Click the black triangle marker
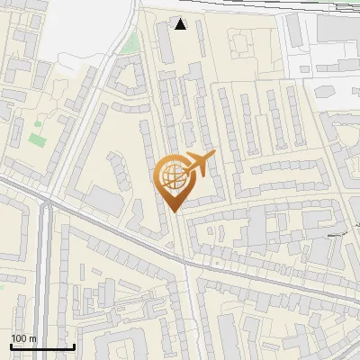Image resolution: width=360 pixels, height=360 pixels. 181,24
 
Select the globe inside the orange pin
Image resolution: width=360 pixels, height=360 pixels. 173,176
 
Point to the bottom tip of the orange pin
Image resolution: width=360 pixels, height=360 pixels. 173,211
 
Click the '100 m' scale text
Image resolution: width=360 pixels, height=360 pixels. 23,338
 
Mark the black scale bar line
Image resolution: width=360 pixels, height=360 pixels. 41,346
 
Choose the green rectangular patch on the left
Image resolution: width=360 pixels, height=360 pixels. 38,139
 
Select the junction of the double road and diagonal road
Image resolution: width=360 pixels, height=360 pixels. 49,203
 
